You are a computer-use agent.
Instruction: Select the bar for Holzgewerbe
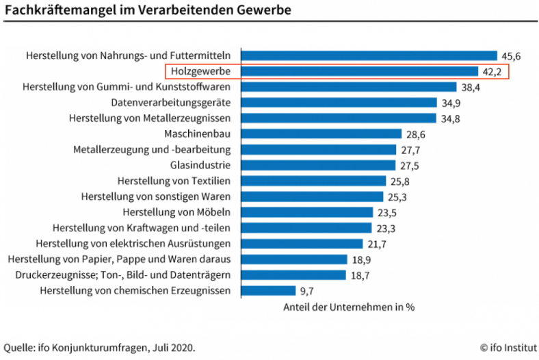pyautogui.click(x=360, y=71)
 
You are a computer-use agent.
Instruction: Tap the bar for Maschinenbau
pyautogui.click(x=321, y=133)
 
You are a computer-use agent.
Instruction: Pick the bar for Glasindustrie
pyautogui.click(x=318, y=165)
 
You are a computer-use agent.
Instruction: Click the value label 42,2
pyautogui.click(x=492, y=71)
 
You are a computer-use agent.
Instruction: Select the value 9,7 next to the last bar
pyautogui.click(x=287, y=291)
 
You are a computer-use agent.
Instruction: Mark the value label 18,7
pyautogui.click(x=360, y=275)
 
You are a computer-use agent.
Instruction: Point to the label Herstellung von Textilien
pyautogui.click(x=174, y=181)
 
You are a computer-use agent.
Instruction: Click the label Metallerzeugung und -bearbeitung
pyautogui.click(x=151, y=149)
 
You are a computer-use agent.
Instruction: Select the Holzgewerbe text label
pyautogui.click(x=200, y=71)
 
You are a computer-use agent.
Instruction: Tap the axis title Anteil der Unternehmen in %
pyautogui.click(x=349, y=307)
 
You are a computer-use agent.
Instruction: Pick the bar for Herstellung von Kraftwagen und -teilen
pyautogui.click(x=306, y=228)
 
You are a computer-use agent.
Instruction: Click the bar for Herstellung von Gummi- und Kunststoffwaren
pyautogui.click(x=348, y=87)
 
